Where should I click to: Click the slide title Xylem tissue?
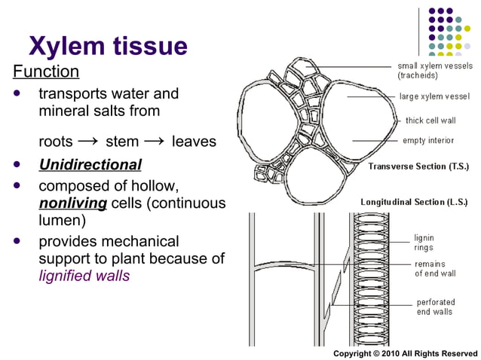pos(108,47)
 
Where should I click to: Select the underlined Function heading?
pos(46,72)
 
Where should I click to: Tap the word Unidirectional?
pos(90,164)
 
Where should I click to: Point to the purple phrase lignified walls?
pos(84,276)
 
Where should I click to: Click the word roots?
pos(56,142)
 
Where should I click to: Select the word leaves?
pos(194,142)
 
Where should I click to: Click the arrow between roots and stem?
pos(88,141)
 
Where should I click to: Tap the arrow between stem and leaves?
pos(155,141)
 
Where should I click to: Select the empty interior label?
pos(428,140)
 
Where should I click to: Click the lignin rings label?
pos(424,242)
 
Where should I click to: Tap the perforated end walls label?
pos(435,307)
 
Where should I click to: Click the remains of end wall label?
pos(434,269)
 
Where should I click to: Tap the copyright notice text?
pos(405,353)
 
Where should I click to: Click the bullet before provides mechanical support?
pos(17,242)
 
